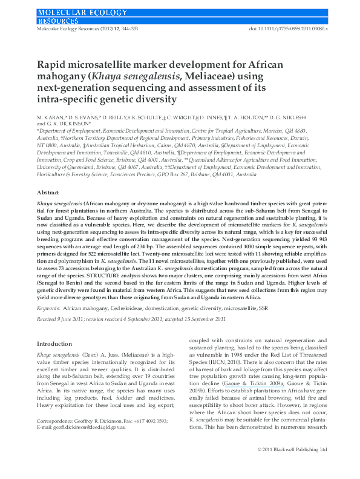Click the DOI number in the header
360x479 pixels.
coord(287,28)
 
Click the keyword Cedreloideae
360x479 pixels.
coord(128,308)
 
